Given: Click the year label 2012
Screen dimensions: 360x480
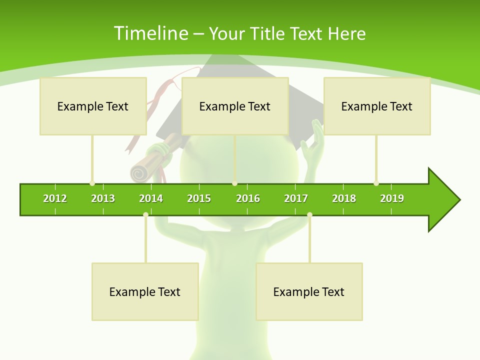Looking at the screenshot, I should coord(55,198).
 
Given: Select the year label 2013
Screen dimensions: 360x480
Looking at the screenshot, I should coord(103,198).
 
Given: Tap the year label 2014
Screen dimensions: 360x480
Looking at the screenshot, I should coord(151,198).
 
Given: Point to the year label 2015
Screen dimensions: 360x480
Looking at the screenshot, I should coord(199,198).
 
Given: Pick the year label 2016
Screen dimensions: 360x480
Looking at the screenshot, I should coord(248,198).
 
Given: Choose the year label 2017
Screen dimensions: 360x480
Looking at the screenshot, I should coord(296,198).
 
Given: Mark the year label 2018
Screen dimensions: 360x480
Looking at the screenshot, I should coord(344,198).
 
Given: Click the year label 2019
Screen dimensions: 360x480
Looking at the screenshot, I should coord(392,198).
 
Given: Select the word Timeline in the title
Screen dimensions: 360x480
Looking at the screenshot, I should coord(150,33).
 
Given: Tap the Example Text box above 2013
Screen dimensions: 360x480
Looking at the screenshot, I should coord(93,106).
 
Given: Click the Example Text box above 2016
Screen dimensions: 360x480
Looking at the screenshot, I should coord(235,106).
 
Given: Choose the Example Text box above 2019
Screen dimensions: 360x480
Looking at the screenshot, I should coord(377,106).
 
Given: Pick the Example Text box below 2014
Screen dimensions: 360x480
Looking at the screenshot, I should coord(145,291).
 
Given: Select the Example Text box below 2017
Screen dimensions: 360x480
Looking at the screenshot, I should coord(309,291).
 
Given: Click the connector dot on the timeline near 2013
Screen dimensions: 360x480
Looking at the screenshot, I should coord(92,183).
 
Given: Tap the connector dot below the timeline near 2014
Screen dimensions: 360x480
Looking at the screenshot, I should coord(145,214).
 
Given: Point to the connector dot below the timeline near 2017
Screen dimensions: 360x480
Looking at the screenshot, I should coord(309,214).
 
